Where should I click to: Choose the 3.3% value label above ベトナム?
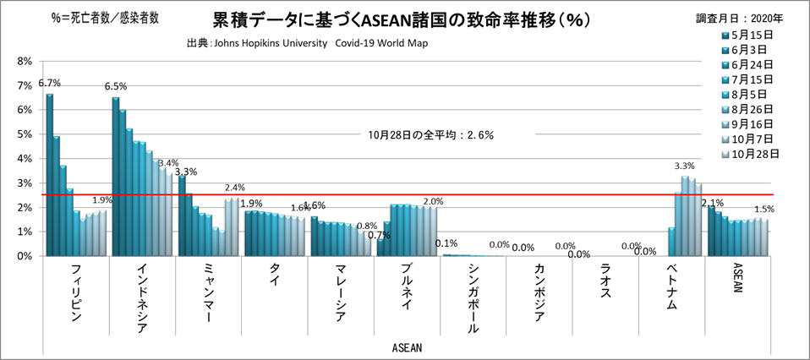pos(684,166)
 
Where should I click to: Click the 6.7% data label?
pos(49,84)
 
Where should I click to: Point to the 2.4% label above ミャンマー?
pos(234,188)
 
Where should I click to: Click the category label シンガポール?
pos(473,297)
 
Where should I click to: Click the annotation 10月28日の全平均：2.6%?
pos(430,134)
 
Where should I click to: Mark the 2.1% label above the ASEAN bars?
pos(713,203)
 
